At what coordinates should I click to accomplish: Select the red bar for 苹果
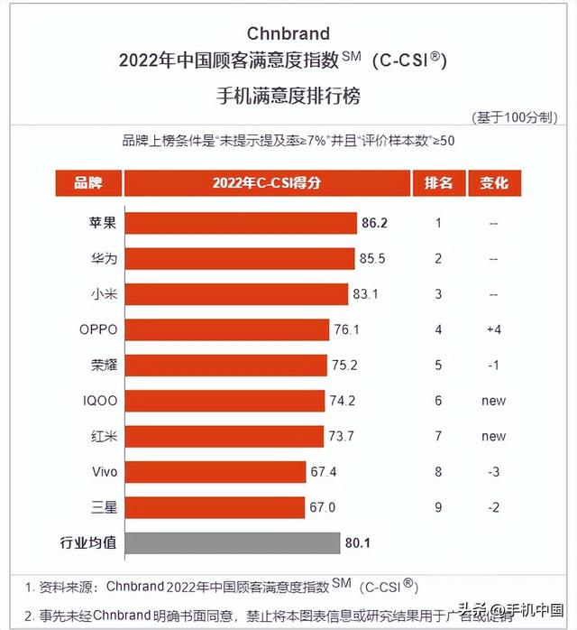coord(241,223)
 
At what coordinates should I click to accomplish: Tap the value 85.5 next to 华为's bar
coord(372,258)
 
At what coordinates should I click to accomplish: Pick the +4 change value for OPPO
coord(493,329)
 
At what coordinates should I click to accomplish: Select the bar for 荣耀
coord(225,365)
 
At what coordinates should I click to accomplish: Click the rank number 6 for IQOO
coord(438,401)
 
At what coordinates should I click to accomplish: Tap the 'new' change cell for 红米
coord(493,436)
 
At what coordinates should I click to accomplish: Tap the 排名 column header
coord(438,183)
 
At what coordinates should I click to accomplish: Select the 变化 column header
coord(494,183)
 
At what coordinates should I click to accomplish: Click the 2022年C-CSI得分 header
coord(266,183)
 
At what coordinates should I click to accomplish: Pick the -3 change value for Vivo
coord(493,472)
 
